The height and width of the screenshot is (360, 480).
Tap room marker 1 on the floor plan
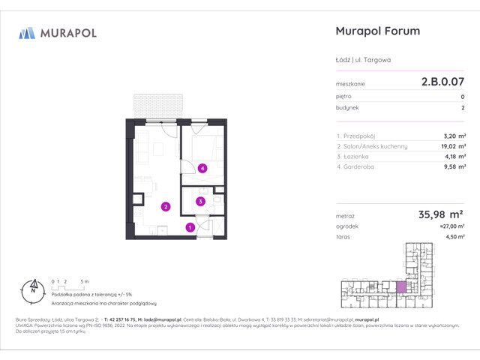[x=190, y=227]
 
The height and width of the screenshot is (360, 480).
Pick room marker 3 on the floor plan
[x=201, y=201]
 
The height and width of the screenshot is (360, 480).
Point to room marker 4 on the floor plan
[x=203, y=169]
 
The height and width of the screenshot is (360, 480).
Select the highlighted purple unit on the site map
[x=400, y=286]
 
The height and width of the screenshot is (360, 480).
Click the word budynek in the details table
[x=347, y=108]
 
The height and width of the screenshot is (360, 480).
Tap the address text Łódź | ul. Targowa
[x=363, y=60]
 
